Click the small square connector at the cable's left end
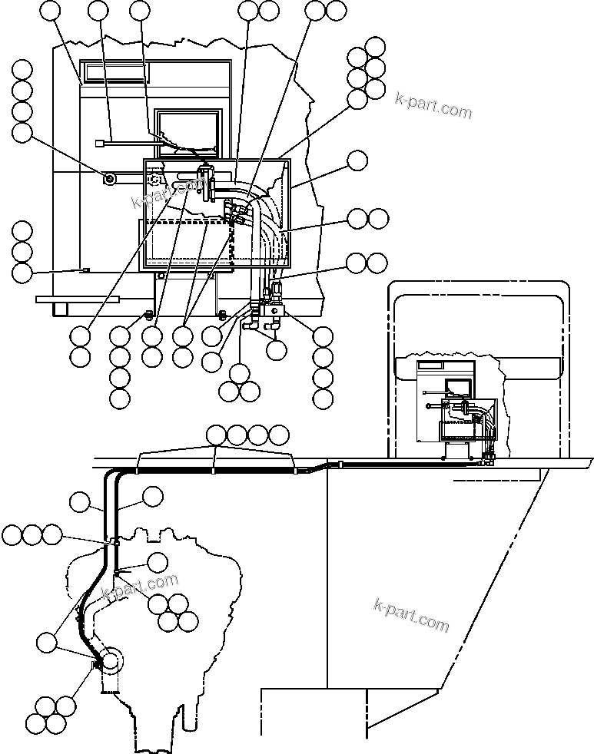coord(98,142)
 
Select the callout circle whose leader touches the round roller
coord(23,132)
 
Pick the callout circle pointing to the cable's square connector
coord(98,10)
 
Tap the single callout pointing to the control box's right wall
coord(357,160)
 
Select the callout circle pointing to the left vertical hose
coord(79,503)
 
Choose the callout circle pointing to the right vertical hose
coord(153,496)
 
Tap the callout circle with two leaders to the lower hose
coord(49,640)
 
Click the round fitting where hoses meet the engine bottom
coord(110,660)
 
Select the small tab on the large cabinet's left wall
coord(85,270)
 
